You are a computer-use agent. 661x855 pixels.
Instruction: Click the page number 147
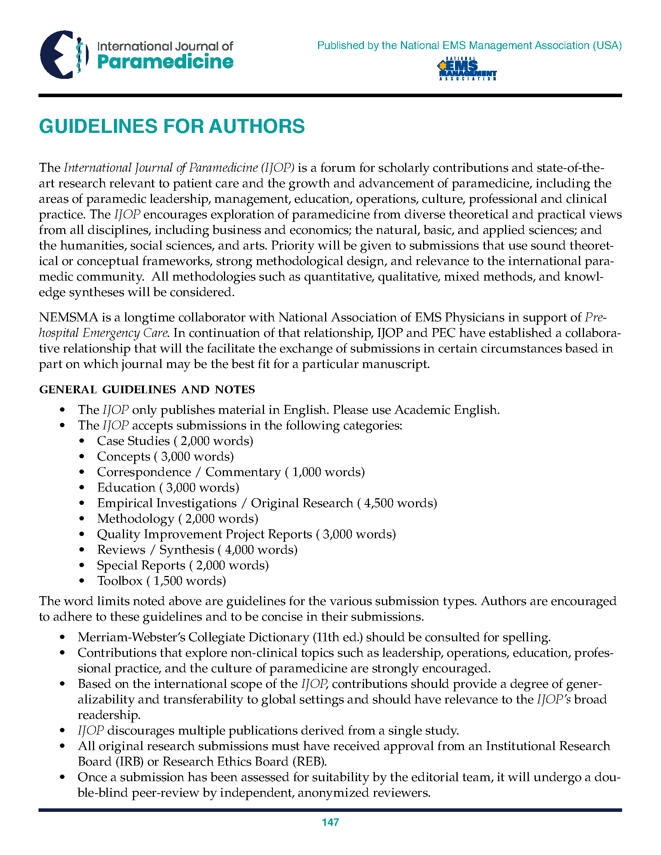pyautogui.click(x=330, y=822)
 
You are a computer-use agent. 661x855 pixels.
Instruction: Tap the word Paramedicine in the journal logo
pyautogui.click(x=165, y=62)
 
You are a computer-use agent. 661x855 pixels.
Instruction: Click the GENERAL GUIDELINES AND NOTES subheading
pyautogui.click(x=147, y=389)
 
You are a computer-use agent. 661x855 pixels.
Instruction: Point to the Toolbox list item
pyautogui.click(x=119, y=581)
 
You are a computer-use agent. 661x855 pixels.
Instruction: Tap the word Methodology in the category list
pyautogui.click(x=135, y=519)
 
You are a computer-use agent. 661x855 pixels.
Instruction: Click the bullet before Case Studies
pyautogui.click(x=82, y=441)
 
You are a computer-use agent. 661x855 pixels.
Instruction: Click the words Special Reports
pyautogui.click(x=141, y=565)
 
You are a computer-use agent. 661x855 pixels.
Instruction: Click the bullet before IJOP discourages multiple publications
pyautogui.click(x=62, y=731)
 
